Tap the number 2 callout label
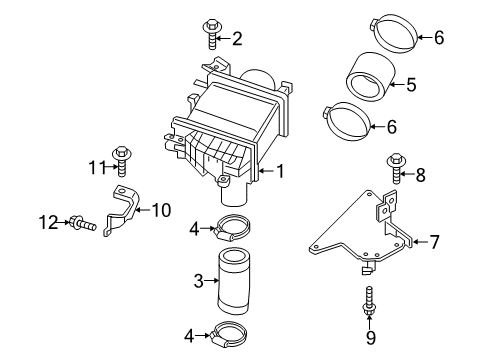coord(238,39)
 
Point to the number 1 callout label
coord(281,171)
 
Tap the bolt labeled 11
coord(122,164)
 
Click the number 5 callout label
coord(409,84)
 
